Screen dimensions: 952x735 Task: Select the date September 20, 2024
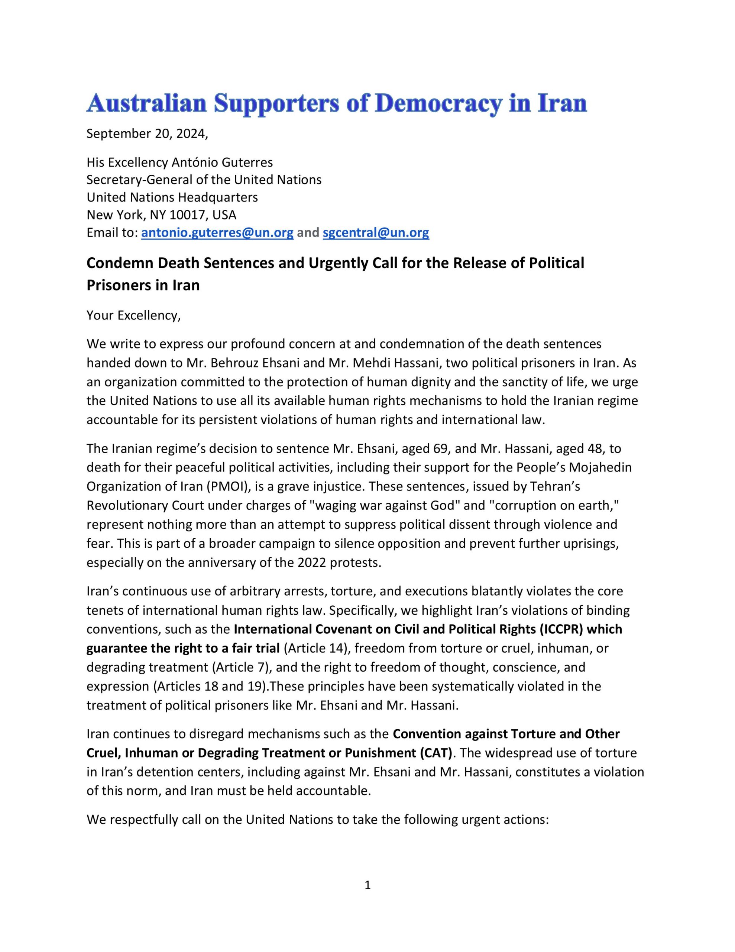147,134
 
